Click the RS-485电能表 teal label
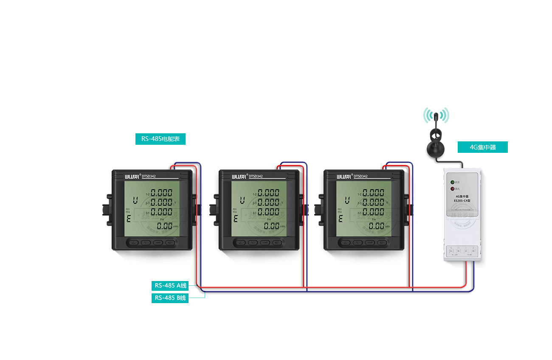[x=161, y=139]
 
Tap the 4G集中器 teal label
[x=483, y=147]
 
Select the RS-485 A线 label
[x=170, y=286]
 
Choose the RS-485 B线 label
[x=170, y=298]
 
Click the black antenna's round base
[x=436, y=148]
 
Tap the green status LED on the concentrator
[x=453, y=182]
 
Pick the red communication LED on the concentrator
[x=453, y=188]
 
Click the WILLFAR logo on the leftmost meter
[x=132, y=177]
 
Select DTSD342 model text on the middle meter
[x=256, y=177]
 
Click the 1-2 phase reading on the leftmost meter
[x=162, y=193]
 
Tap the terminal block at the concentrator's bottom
[x=462, y=251]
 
